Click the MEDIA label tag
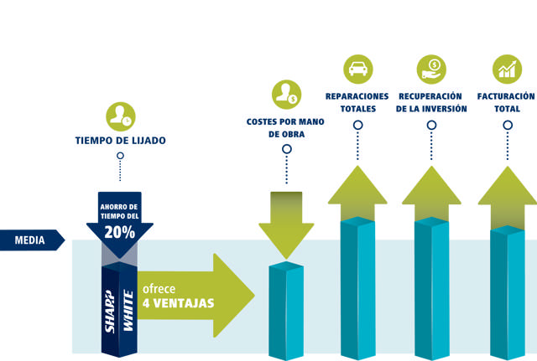30,240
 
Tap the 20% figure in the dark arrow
120,233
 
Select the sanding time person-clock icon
120,116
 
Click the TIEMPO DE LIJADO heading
120,140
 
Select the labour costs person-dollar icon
286,95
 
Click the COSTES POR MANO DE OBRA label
286,127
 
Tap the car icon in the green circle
358,69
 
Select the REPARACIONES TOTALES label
357,102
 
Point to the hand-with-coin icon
431,69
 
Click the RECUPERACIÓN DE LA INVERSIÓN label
431,102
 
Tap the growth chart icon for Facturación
506,69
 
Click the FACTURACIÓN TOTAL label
506,102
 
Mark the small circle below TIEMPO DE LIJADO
120,156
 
